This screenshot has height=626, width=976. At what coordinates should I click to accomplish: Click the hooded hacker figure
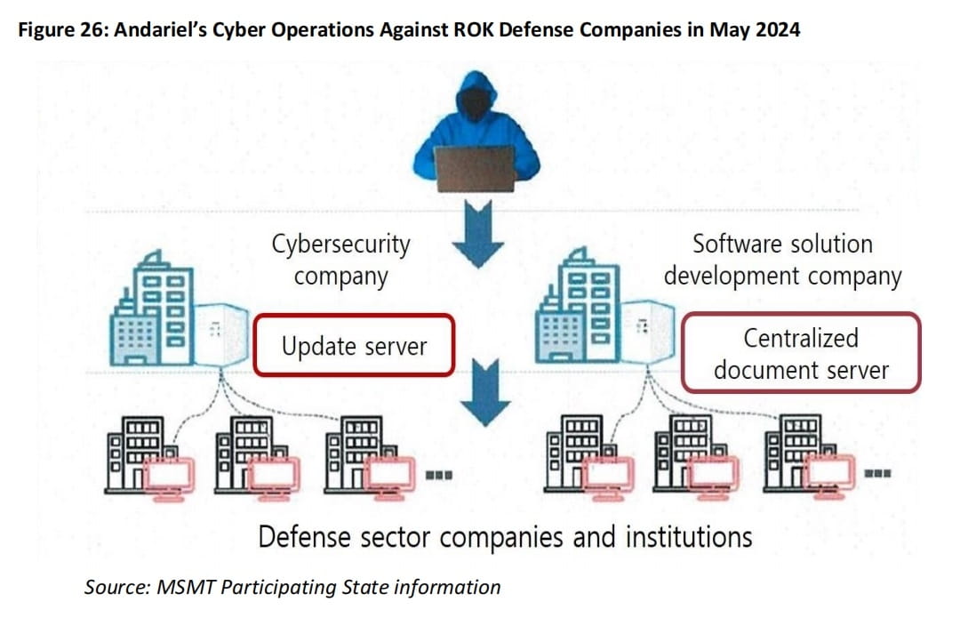(476, 116)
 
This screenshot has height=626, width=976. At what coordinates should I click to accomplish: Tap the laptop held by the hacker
(475, 168)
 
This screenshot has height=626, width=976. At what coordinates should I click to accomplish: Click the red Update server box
(354, 346)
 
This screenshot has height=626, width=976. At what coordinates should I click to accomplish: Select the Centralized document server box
(800, 353)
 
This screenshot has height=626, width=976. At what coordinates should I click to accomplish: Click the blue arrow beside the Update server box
(485, 392)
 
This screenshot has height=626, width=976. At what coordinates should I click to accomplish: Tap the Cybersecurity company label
(341, 260)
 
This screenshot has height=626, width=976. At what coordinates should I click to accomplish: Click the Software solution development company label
(782, 260)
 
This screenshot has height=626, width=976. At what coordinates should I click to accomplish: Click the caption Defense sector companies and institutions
(505, 537)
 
